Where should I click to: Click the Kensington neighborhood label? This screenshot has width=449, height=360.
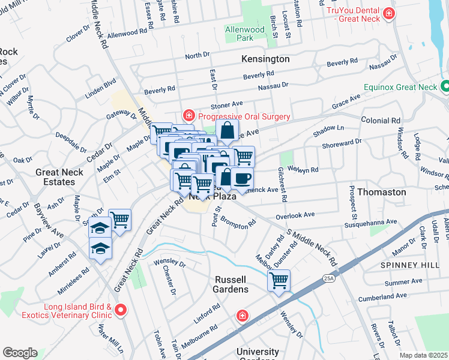tap(265, 59)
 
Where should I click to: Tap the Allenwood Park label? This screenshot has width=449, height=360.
tap(245, 33)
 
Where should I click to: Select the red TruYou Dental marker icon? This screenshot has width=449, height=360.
tap(390, 13)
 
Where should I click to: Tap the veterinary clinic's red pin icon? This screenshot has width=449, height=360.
tap(121, 310)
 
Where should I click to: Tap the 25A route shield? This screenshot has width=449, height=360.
tap(328, 279)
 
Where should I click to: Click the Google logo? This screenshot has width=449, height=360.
tap(20, 353)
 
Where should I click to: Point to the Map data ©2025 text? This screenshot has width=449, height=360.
tap(424, 355)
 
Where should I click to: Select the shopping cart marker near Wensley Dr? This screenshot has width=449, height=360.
tap(279, 280)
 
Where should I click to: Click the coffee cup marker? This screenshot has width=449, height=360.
tap(243, 178)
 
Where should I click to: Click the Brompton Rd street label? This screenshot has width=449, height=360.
tap(240, 222)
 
